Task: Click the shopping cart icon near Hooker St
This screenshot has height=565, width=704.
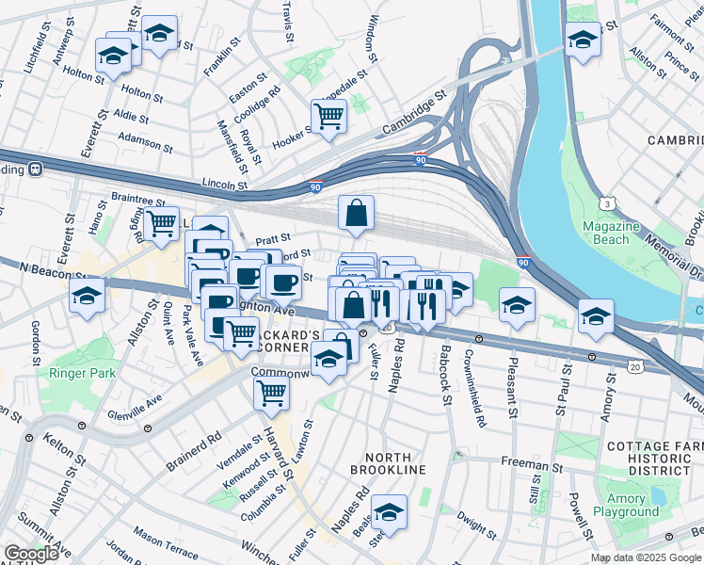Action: (x=328, y=118)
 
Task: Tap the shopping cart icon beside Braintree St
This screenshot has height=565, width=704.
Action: (x=161, y=224)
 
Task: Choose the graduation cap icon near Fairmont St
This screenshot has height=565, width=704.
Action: (x=582, y=40)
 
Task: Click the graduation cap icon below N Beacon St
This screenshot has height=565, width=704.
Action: (x=87, y=295)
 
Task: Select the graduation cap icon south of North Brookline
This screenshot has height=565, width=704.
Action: (x=388, y=512)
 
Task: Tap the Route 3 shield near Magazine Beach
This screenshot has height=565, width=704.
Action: (x=610, y=204)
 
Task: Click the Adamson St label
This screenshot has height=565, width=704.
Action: (x=147, y=143)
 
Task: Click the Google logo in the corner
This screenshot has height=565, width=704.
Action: (x=31, y=554)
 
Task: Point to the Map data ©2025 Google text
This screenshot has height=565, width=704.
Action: (x=645, y=557)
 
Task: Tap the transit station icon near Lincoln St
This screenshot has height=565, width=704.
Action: (x=36, y=170)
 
